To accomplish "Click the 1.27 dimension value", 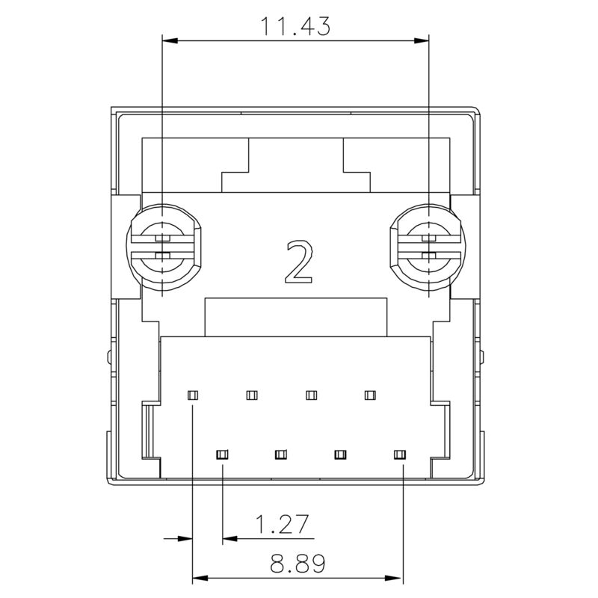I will pos(283,525).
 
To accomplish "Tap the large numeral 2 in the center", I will pos(298,262).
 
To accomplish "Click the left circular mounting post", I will pos(162,247).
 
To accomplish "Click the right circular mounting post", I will pos(428,247).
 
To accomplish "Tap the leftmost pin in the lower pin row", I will pos(222,453).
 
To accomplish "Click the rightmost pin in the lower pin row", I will pos(400,453).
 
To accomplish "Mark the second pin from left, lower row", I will pos(281,453).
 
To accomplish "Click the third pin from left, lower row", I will pos(341,453).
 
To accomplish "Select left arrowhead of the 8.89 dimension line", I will pos(200,577).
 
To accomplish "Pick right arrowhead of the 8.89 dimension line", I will pos(397,577).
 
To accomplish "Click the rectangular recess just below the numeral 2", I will pos(297,317).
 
